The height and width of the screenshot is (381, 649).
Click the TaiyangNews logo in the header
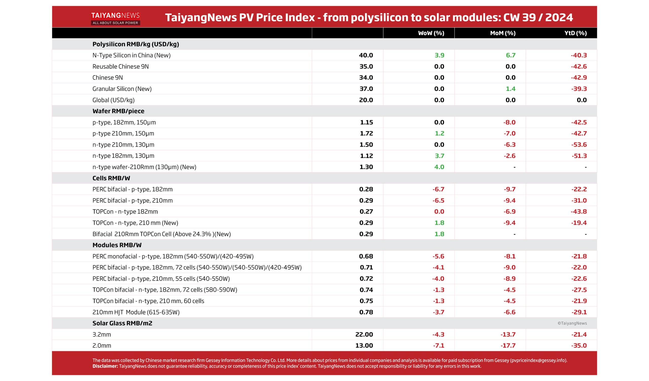pyautogui.click(x=115, y=18)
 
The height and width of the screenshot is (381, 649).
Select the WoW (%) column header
pyautogui.click(x=431, y=33)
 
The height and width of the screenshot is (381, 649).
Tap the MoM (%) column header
pyautogui.click(x=502, y=33)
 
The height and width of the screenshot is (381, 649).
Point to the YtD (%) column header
pyautogui.click(x=575, y=33)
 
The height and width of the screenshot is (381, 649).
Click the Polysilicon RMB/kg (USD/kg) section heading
pyautogui.click(x=136, y=44)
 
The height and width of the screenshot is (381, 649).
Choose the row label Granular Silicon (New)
pyautogui.click(x=122, y=89)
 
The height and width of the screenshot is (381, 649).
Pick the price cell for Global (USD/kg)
pyautogui.click(x=366, y=100)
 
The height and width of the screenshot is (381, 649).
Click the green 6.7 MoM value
pyautogui.click(x=510, y=55)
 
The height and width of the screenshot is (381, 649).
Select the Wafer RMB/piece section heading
pyautogui.click(x=118, y=111)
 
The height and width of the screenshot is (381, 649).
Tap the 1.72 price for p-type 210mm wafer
pyautogui.click(x=366, y=133)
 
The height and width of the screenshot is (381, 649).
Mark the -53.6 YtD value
pyautogui.click(x=579, y=145)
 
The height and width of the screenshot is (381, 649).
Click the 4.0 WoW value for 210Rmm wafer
pyautogui.click(x=439, y=167)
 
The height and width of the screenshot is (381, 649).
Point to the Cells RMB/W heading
pyautogui.click(x=111, y=178)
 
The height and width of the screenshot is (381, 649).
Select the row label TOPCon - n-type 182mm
pyautogui.click(x=125, y=212)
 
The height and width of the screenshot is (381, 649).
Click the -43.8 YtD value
pyautogui.click(x=579, y=212)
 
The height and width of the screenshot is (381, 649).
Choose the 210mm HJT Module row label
pyautogui.click(x=136, y=312)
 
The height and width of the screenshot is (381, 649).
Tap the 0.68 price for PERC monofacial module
pyautogui.click(x=366, y=256)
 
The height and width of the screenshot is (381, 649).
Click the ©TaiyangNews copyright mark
pyautogui.click(x=572, y=323)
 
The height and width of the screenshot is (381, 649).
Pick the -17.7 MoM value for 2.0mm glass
pyautogui.click(x=508, y=346)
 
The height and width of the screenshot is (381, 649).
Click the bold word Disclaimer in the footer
pyautogui.click(x=105, y=366)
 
